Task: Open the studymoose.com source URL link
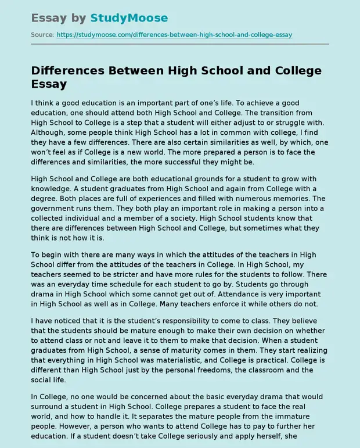pos(174,35)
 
